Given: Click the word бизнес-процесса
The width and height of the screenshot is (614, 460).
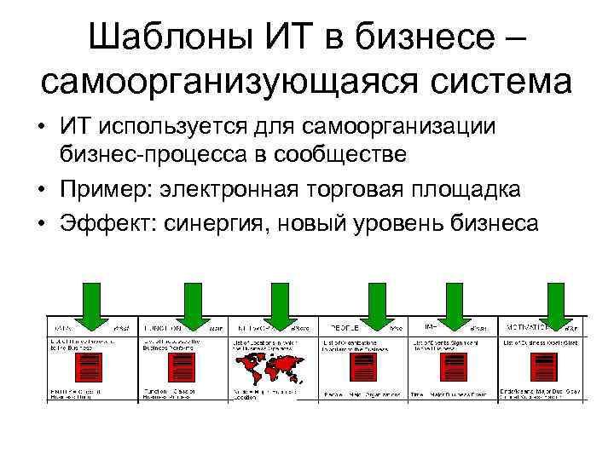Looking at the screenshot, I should point(144,154).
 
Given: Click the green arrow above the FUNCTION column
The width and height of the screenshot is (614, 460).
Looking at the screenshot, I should point(195,307).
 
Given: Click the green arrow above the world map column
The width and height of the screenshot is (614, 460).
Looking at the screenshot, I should point(277,307).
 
